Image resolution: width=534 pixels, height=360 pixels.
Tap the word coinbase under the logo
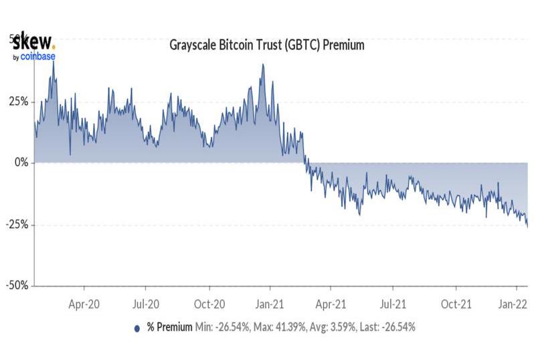[x=37, y=57]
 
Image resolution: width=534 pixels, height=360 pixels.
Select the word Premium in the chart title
[x=343, y=46]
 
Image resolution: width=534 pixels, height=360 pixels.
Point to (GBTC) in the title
[x=302, y=46]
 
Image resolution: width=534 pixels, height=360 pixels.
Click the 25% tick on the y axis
[x=18, y=102]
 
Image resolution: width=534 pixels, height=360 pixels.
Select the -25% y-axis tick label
[x=17, y=224]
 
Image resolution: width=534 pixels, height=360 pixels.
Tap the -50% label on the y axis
[x=17, y=285]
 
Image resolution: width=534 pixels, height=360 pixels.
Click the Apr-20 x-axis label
[x=85, y=303]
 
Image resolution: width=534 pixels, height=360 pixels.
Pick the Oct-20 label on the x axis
[x=209, y=303]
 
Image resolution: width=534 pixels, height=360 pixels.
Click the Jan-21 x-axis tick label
[x=271, y=303]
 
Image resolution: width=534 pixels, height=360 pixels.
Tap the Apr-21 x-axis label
[x=332, y=303]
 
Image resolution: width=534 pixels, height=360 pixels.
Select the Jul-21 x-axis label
[x=393, y=303]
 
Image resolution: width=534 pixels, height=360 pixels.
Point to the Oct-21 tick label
[x=456, y=303]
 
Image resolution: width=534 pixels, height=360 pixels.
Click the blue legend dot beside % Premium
[x=137, y=328]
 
